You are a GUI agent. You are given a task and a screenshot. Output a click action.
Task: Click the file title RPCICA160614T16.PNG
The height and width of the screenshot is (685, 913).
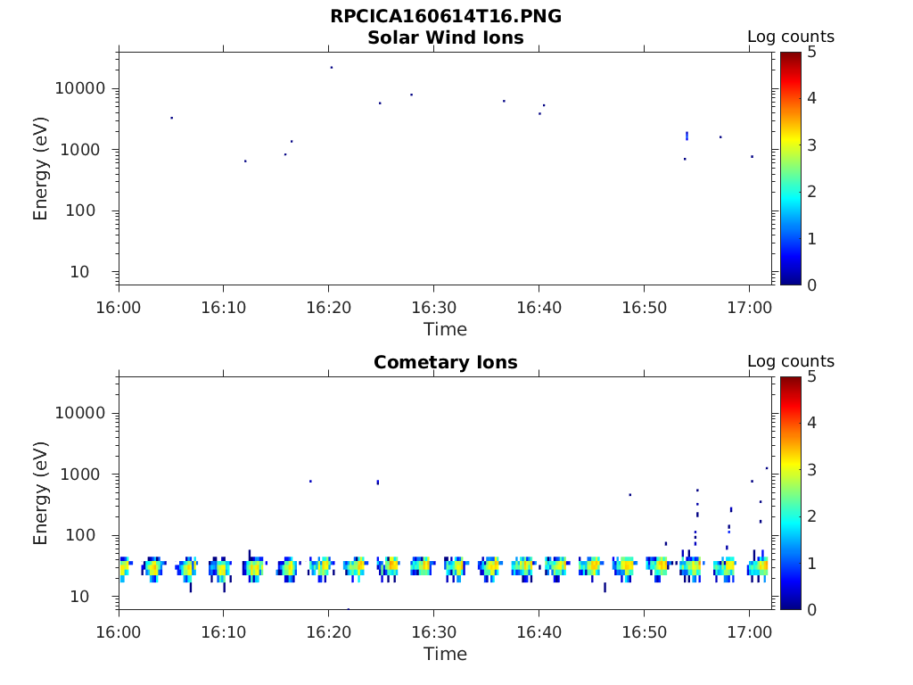(445, 16)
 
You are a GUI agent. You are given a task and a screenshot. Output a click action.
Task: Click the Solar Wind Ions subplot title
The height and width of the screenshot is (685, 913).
(445, 37)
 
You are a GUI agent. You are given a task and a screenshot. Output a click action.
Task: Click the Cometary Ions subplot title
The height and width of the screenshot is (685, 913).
(445, 362)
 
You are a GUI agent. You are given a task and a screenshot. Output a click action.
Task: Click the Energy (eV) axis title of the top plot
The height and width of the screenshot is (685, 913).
(41, 169)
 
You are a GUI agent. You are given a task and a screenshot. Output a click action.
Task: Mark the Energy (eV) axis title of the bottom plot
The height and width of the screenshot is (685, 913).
(41, 493)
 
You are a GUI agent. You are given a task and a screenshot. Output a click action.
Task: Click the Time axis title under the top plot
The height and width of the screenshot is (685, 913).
(445, 329)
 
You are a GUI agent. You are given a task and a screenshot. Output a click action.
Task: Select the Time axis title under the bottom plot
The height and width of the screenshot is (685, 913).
(445, 654)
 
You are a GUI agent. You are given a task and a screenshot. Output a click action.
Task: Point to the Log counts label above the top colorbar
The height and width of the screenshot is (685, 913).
(790, 37)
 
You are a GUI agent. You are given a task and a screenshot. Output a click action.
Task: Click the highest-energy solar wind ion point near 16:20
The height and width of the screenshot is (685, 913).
(332, 67)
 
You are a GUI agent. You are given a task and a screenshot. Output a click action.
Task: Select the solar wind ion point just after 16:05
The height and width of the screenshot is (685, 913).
(172, 118)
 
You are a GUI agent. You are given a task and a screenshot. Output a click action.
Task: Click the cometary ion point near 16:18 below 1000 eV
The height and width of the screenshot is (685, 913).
(310, 481)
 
